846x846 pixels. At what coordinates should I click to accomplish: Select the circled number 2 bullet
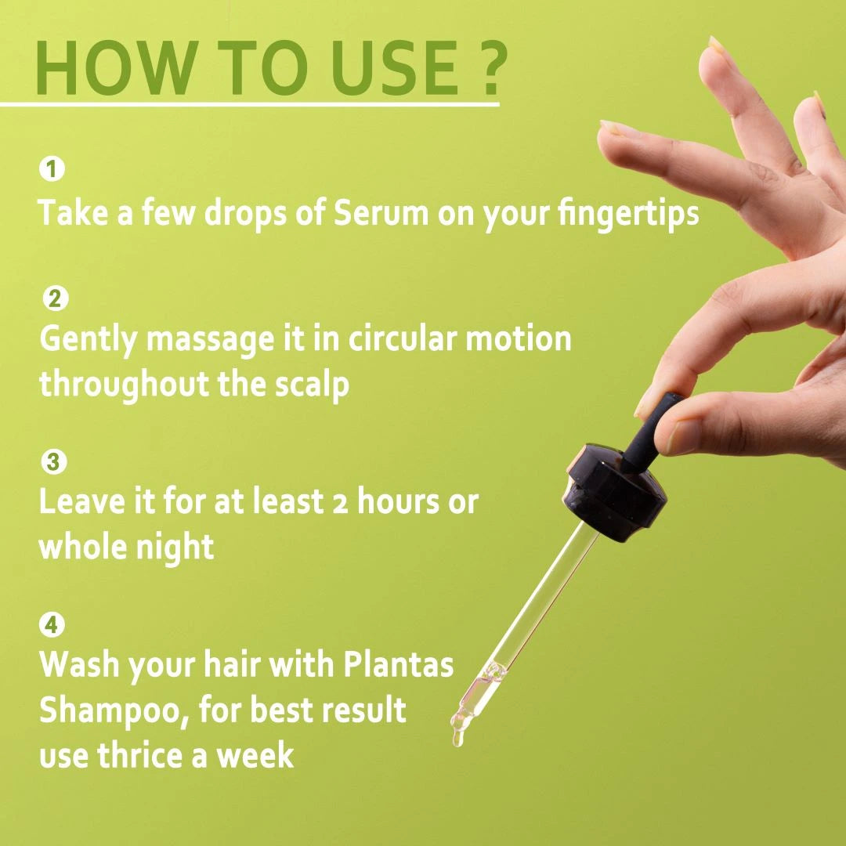(x=53, y=298)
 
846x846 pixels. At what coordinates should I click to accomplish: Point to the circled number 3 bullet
(x=52, y=462)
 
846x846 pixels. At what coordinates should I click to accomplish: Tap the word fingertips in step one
(x=618, y=214)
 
